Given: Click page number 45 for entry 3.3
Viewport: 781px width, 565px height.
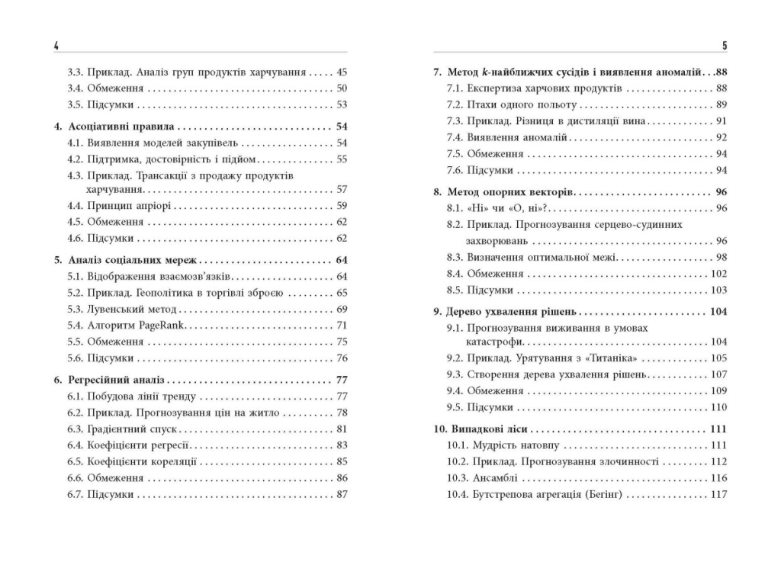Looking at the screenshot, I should click(341, 72).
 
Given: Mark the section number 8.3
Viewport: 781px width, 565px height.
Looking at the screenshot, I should click(455, 257).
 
